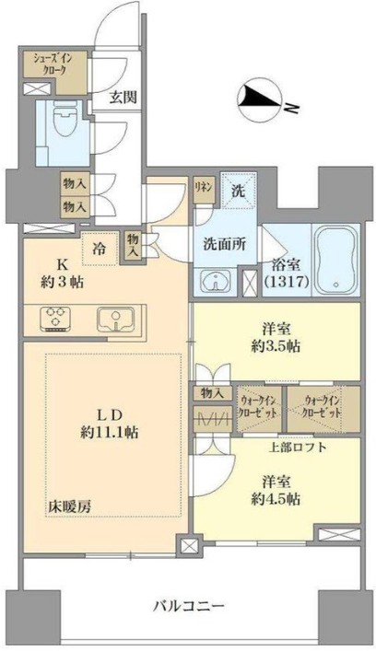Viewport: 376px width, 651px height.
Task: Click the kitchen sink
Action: pos(116,319)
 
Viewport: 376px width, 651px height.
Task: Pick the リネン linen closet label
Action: pos(203,184)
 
